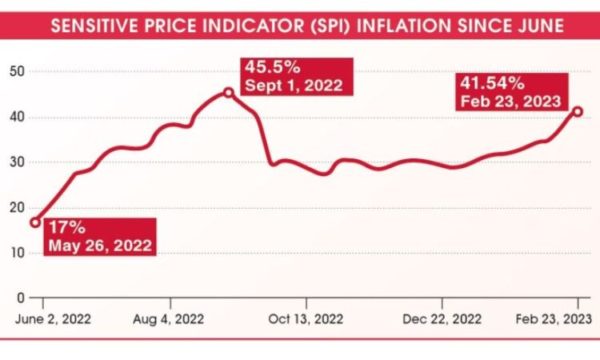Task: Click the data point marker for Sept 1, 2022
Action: [229, 93]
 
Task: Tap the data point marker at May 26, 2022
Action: [35, 222]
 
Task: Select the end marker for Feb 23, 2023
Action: [578, 111]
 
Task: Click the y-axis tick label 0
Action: [20, 298]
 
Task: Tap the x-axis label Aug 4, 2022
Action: [170, 318]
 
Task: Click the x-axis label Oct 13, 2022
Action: [306, 318]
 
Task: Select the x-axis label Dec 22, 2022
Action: [442, 318]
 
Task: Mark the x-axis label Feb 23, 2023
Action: [553, 318]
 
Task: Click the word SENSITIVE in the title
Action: [90, 26]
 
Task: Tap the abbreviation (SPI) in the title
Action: [326, 26]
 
